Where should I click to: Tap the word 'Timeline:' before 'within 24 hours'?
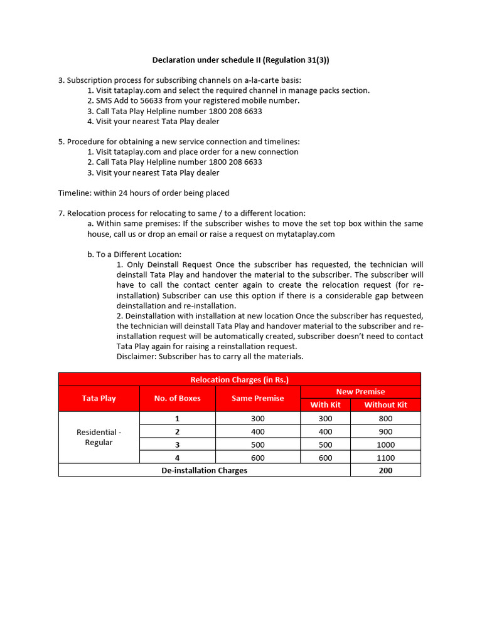click(75, 192)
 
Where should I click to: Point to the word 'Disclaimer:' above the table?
click(136, 356)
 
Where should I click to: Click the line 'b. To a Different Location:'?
click(134, 254)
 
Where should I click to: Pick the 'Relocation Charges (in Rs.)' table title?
click(239, 379)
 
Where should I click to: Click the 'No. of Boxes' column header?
click(177, 398)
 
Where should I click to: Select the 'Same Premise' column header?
click(257, 398)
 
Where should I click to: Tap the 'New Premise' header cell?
click(360, 391)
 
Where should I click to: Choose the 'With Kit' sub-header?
click(325, 404)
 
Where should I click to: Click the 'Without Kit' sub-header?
click(385, 404)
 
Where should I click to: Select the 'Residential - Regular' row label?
click(99, 437)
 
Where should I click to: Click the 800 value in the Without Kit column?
click(385, 418)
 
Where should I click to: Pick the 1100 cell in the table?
click(385, 458)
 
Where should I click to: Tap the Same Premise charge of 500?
click(257, 445)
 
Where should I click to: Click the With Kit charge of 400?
click(325, 431)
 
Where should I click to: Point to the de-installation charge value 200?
click(385, 470)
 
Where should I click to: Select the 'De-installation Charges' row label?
click(204, 470)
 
